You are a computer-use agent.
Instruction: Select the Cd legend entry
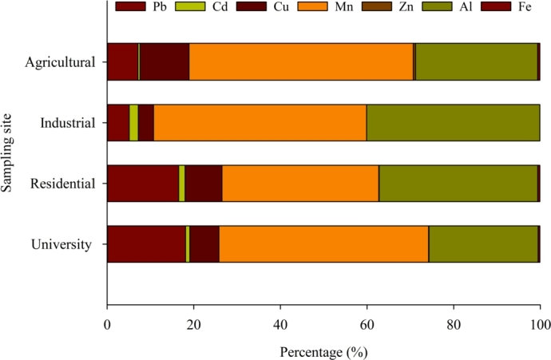pos(210,7)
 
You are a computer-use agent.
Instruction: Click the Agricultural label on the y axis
pos(60,62)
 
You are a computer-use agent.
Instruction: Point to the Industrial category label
pos(68,123)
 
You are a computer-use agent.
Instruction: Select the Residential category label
pos(63,184)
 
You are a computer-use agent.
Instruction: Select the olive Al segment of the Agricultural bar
pos(476,62)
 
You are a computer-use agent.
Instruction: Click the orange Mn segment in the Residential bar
pos(300,184)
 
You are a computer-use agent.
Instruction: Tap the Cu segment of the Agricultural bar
pos(165,62)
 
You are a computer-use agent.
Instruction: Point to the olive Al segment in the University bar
pos(483,244)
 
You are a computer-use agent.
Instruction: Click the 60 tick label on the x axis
pos(367,325)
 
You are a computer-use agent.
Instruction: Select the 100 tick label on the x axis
pos(539,325)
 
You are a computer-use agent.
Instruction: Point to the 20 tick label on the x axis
pos(193,325)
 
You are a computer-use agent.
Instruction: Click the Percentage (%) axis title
pos(323,350)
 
